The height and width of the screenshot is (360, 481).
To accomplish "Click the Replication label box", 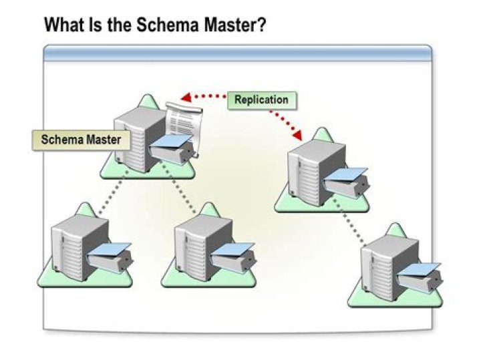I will (261, 100).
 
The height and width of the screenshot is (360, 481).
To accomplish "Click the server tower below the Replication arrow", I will (309, 174).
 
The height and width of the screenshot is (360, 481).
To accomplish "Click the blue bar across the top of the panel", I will (237, 53).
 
